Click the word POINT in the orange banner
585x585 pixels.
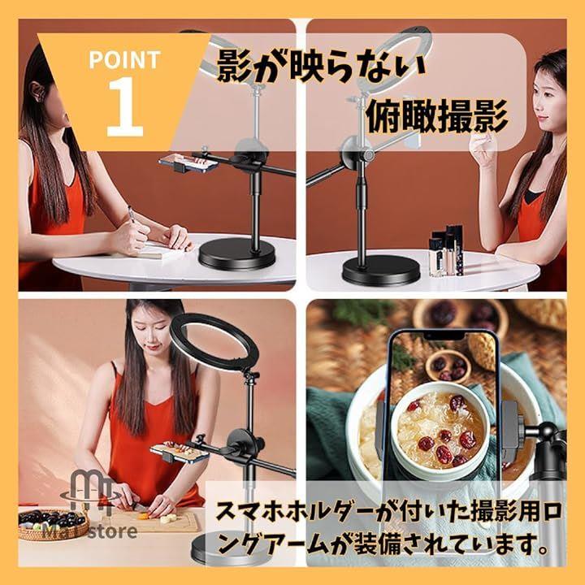[124, 59]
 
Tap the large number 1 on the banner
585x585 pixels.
[124, 107]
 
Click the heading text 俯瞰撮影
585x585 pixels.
[437, 116]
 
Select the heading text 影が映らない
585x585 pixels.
[322, 67]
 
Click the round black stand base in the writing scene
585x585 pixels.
[236, 255]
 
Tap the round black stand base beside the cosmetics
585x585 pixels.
[381, 273]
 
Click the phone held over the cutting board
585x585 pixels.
[180, 453]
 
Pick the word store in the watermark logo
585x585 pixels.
[113, 531]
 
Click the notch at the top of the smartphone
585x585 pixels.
[444, 336]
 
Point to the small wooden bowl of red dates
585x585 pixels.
[447, 364]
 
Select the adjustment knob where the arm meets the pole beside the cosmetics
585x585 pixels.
[367, 155]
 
